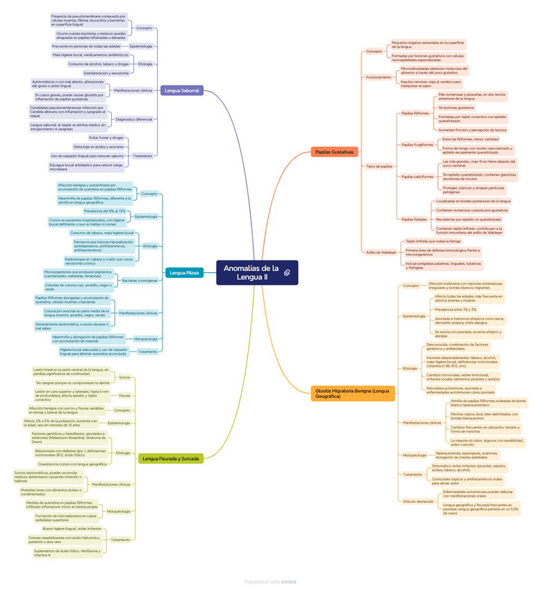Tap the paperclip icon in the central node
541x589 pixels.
[286, 277]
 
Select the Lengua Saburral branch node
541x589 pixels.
[182, 90]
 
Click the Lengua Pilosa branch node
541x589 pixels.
[184, 273]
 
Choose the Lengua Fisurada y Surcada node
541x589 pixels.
[170, 458]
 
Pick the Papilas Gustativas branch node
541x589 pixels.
[334, 151]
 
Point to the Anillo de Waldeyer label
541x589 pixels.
[381, 252]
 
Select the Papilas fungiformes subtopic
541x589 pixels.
[417, 144]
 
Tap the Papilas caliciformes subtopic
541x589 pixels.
[417, 176]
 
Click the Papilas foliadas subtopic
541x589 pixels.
[415, 219]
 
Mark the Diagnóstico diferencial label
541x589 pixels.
[133, 119]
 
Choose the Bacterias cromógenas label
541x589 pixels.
[140, 281]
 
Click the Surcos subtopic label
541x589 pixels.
[124, 377]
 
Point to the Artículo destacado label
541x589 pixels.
[419, 501]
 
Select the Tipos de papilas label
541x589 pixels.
[379, 166]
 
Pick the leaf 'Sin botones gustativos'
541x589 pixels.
[456, 108]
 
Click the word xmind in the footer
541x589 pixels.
[288, 581]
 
